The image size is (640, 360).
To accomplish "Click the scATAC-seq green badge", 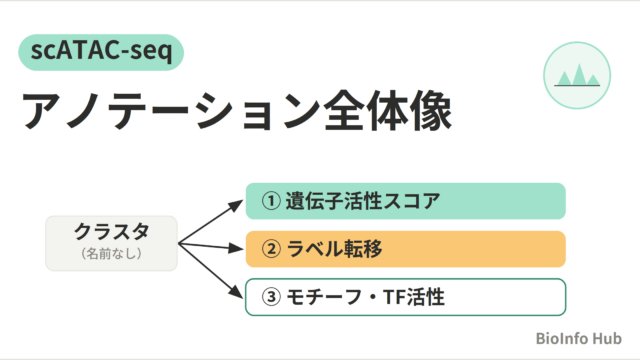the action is tap(101, 52).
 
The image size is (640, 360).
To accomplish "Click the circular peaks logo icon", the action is tap(577, 76).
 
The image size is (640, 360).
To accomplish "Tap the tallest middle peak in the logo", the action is tap(579, 74).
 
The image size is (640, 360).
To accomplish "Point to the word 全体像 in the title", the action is tap(388, 111).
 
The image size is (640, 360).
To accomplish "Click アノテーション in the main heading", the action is tap(172, 111).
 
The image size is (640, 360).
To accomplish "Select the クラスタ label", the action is tap(111, 231).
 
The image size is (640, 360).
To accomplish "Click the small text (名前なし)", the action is tap(111, 253).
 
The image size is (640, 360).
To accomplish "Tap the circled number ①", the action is tap(271, 201).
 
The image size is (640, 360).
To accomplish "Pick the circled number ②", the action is tap(271, 249).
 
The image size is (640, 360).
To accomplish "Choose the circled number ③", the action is tap(271, 297).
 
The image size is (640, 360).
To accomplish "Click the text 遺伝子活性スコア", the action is tap(362, 201).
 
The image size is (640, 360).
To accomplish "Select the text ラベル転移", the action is tap(334, 249).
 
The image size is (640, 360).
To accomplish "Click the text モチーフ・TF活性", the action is tap(365, 297).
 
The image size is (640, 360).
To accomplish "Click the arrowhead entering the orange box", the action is tap(237, 248).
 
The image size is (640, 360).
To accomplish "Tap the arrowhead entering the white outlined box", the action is tap(237, 291).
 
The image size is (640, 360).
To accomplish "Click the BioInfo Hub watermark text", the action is tap(578, 338).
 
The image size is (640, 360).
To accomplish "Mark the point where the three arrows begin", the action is tap(179, 244).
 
